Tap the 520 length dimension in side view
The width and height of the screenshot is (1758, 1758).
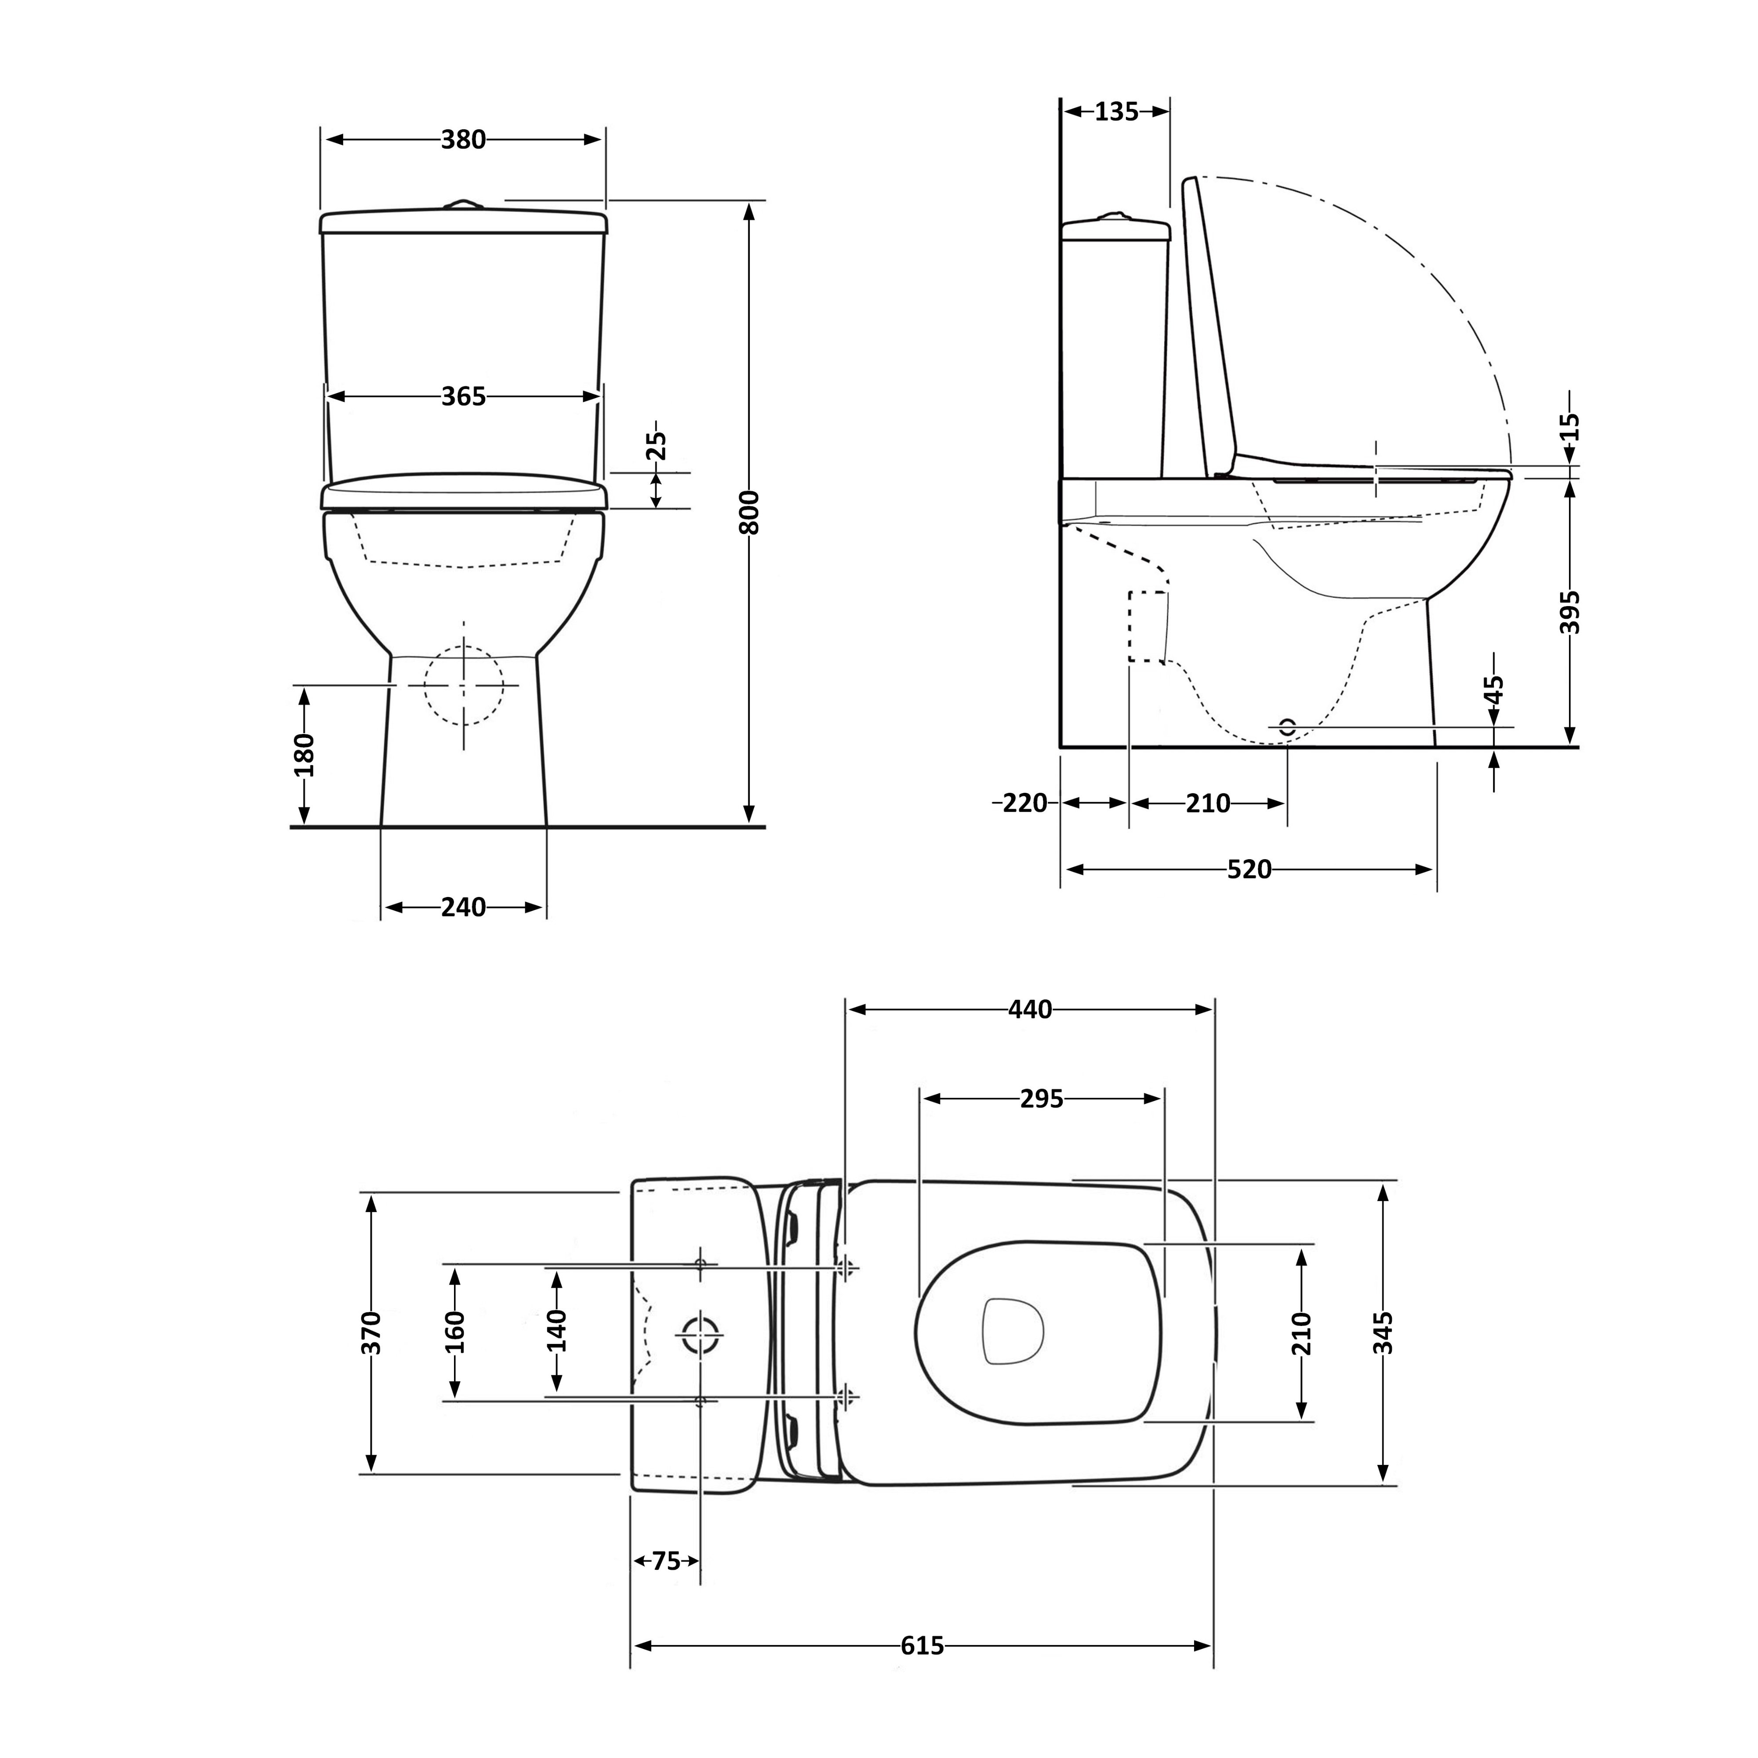(1249, 870)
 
